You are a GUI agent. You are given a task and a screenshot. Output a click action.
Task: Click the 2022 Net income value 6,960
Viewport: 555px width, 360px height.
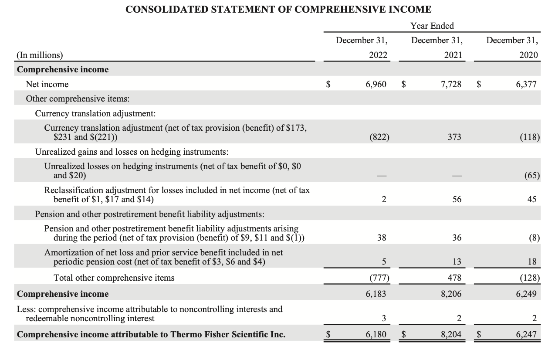tap(376, 84)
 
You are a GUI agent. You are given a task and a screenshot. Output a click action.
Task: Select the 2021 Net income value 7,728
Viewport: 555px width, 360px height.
tap(451, 84)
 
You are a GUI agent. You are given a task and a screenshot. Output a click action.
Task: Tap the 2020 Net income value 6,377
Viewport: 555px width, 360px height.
tap(526, 84)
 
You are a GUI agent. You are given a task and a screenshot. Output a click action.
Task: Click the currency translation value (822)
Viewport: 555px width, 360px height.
tap(379, 137)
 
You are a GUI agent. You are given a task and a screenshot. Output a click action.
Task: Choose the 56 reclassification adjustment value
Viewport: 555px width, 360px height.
tap(457, 199)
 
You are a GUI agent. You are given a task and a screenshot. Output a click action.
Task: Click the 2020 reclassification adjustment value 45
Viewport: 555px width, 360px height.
tap(532, 199)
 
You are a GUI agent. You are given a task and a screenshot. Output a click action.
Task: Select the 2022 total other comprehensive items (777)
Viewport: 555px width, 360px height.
tap(379, 278)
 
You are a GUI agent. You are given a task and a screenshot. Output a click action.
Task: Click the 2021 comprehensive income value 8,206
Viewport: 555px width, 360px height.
tap(451, 294)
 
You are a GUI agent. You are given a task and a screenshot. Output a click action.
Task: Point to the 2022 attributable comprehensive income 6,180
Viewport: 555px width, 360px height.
tap(376, 334)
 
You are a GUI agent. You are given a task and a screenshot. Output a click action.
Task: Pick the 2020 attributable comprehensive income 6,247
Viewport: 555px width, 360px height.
tap(526, 334)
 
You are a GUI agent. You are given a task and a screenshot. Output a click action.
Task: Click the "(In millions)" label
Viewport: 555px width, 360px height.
tap(40, 55)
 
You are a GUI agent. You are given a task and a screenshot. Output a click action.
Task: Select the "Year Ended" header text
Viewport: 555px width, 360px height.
tap(432, 26)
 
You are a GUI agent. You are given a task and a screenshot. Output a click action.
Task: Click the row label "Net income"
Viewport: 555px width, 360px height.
tap(47, 84)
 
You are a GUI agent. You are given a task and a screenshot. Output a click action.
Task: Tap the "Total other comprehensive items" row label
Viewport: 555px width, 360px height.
tap(114, 278)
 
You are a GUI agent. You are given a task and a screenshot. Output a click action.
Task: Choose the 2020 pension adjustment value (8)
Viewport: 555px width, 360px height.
tap(535, 238)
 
